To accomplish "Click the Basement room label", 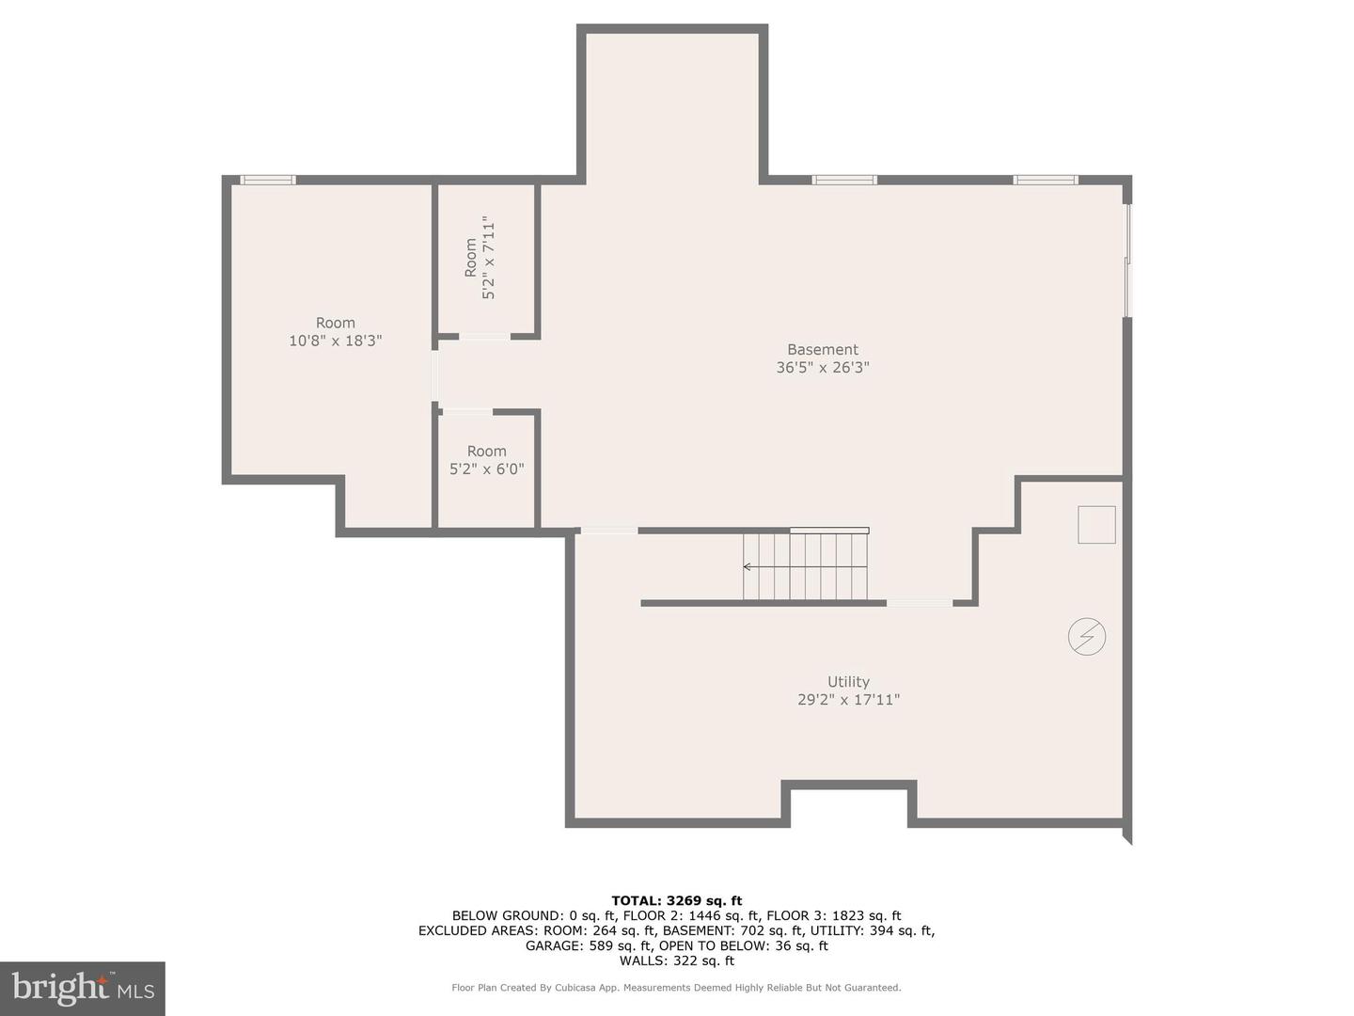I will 823,350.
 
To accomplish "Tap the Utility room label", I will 848,682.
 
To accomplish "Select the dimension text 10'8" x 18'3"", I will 335,341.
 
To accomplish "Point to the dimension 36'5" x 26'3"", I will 823,368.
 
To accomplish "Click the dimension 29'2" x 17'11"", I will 848,700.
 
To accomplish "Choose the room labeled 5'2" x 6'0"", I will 486,468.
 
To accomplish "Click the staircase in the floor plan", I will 805,566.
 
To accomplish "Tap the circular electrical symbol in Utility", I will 1086,637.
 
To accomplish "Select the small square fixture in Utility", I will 1096,524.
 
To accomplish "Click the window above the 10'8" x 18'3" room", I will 268,180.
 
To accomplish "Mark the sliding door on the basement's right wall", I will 1127,261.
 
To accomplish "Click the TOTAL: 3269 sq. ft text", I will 676,900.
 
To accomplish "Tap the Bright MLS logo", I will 83,988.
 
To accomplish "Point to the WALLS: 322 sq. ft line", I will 676,960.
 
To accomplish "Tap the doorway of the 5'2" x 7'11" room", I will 484,336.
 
